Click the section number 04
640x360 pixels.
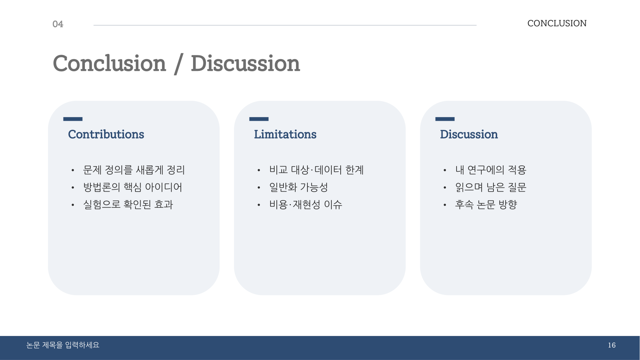coord(58,24)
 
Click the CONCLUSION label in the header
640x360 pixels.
coord(557,23)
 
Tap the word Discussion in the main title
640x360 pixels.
coord(245,63)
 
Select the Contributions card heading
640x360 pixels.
coord(106,134)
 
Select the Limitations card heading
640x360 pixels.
coord(285,134)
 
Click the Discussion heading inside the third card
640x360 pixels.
coord(469,134)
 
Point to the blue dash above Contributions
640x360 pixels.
coord(73,119)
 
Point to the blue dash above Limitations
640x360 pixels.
coord(259,119)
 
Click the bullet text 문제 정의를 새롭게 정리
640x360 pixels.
coord(134,170)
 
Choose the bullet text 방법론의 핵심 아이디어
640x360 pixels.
coord(133,187)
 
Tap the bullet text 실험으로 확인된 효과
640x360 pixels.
coord(128,205)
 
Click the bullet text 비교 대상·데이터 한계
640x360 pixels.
coord(317,170)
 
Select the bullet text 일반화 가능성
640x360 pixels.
coord(299,187)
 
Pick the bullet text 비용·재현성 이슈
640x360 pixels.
coord(306,205)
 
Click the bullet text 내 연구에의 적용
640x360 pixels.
coord(491,170)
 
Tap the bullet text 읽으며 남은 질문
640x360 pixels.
coord(491,187)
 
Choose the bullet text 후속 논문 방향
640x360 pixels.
coord(486,205)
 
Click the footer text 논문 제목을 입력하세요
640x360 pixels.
coord(63,345)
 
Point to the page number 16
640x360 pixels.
coord(612,345)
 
